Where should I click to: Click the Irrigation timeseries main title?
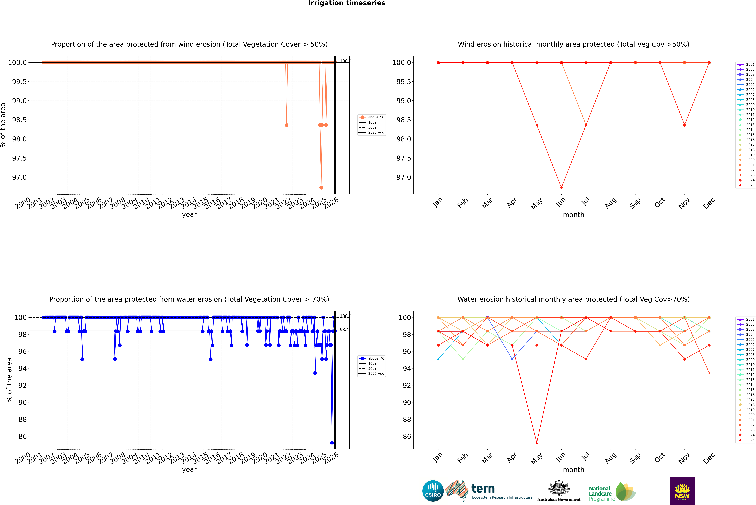coord(346,3)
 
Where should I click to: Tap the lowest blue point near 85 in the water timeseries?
coord(332,442)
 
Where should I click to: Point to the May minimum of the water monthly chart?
coord(537,442)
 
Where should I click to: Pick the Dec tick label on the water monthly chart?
coord(709,458)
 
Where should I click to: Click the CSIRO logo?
coord(433,491)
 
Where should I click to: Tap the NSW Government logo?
coord(682,491)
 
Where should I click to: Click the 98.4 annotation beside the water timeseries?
coord(344,329)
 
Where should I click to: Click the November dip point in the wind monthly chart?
coord(684,125)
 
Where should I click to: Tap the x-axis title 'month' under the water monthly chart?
coord(573,470)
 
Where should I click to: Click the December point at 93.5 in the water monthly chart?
coord(709,373)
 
